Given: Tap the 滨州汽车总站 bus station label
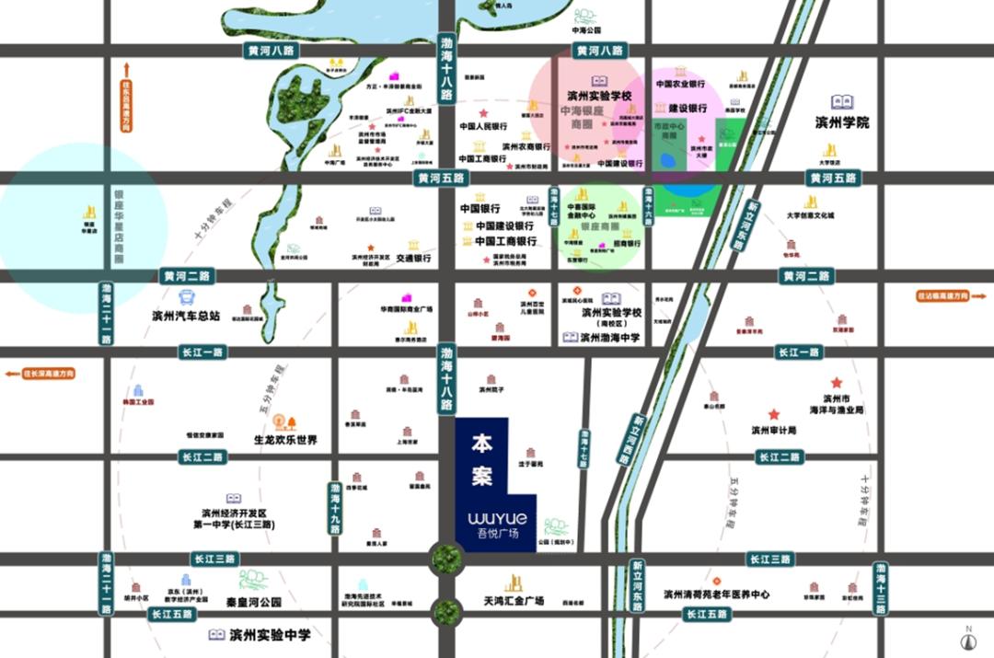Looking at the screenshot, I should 187,316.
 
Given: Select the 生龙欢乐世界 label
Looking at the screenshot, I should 285,440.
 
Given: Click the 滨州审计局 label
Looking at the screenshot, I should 773,430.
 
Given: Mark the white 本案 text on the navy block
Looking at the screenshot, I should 482,459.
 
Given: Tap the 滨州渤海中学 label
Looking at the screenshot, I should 612,338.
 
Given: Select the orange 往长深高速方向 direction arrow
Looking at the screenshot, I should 39,374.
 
